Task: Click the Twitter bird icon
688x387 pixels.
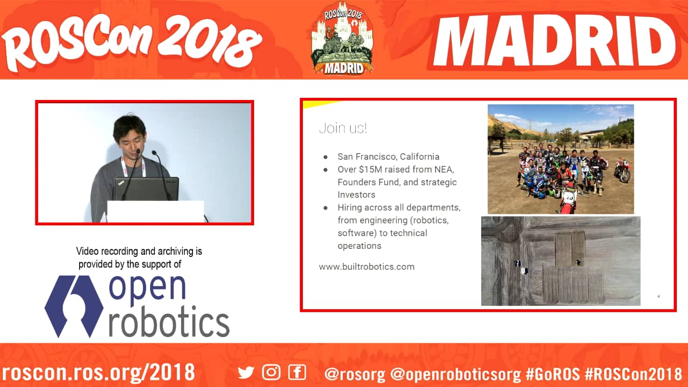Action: [x=246, y=372]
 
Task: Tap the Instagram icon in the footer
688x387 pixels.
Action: [x=271, y=372]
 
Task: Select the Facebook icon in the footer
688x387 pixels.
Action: [x=297, y=372]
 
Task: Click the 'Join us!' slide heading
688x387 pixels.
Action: [x=343, y=128]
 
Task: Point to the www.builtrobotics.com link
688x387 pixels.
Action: [x=367, y=267]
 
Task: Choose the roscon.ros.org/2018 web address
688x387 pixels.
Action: [x=98, y=372]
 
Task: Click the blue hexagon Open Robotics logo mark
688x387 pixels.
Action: [x=74, y=306]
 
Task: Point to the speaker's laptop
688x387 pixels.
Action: [x=146, y=189]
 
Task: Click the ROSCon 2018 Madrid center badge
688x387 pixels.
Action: [x=342, y=38]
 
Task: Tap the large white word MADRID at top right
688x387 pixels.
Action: [x=555, y=40]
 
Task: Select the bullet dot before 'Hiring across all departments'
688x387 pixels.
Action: [x=326, y=208]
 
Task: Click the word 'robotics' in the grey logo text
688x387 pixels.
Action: [x=169, y=321]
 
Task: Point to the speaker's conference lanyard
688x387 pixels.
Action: [x=133, y=167]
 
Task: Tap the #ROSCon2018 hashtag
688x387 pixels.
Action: [x=634, y=374]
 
